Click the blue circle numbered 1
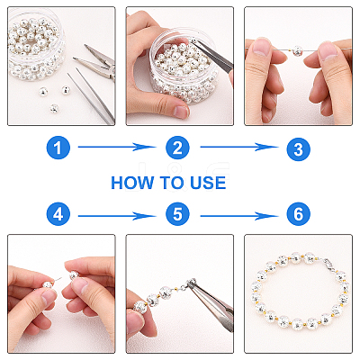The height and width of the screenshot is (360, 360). click(x=58, y=148)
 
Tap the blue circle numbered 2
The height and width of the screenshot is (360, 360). click(x=177, y=148)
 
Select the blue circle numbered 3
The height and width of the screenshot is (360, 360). click(x=298, y=148)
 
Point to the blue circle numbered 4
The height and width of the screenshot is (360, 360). click(x=58, y=214)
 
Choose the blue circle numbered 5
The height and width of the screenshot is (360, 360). click(x=177, y=214)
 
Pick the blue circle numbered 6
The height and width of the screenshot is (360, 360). click(x=298, y=214)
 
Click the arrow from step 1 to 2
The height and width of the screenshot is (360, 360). click(x=116, y=147)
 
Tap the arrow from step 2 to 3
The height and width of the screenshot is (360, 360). click(x=239, y=147)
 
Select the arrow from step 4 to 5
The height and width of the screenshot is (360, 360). click(x=116, y=216)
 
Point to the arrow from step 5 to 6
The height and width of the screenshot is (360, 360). click(x=239, y=216)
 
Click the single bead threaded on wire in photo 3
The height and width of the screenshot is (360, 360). click(x=297, y=50)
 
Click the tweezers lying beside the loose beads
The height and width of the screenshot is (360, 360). click(x=91, y=96)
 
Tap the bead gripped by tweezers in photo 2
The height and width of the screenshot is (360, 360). click(x=193, y=41)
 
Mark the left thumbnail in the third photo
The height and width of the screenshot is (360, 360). click(x=261, y=48)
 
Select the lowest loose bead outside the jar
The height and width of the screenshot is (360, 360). click(x=54, y=108)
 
